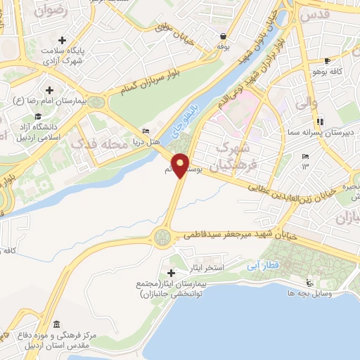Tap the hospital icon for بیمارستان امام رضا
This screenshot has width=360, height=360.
pos(49,90)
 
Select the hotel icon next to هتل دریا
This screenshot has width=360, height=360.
pos(146,130)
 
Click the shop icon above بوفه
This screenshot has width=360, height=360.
pos(223,36)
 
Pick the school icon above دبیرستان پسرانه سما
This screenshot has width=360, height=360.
pos(320,120)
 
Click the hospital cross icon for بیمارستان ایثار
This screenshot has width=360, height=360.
pos(172,272)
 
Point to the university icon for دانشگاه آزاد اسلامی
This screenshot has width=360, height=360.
pos(35,117)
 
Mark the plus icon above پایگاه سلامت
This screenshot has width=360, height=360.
pos(63,40)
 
